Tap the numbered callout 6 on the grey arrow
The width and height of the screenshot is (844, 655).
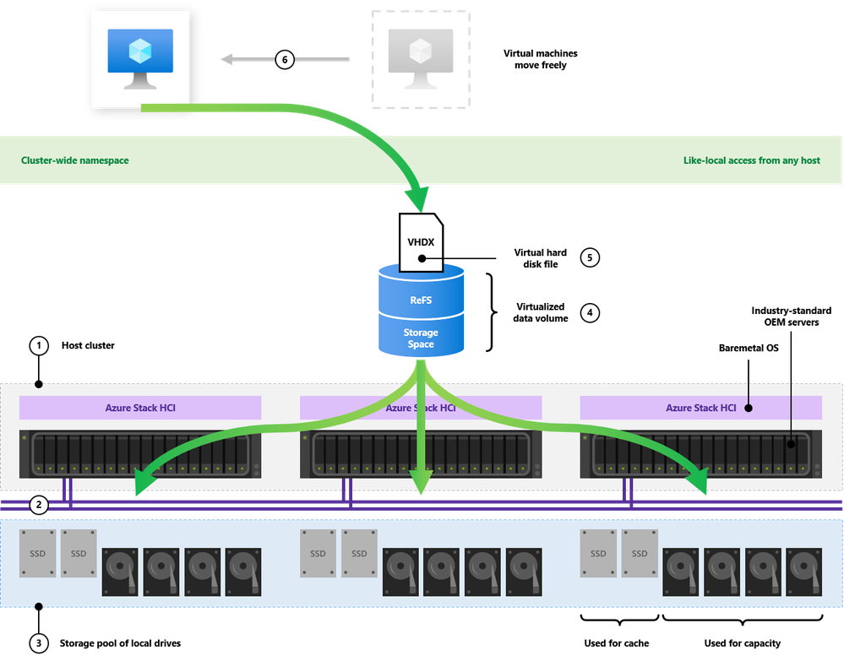(286, 60)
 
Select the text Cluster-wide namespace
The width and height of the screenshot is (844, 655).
(75, 160)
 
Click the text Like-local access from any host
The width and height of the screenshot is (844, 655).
(751, 160)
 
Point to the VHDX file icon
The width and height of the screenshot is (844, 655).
(422, 241)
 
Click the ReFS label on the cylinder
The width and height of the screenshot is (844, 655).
(421, 300)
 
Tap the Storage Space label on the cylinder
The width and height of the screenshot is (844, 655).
(421, 338)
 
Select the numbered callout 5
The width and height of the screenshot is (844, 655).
(591, 257)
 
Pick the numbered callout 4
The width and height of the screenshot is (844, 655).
(591, 313)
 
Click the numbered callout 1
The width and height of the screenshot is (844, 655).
(38, 345)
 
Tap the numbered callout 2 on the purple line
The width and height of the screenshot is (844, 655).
(38, 506)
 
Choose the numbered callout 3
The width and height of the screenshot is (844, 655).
(38, 643)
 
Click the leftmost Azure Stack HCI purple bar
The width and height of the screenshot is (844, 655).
(140, 408)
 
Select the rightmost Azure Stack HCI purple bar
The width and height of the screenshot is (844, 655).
(701, 408)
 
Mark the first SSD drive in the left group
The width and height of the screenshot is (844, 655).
(37, 554)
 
